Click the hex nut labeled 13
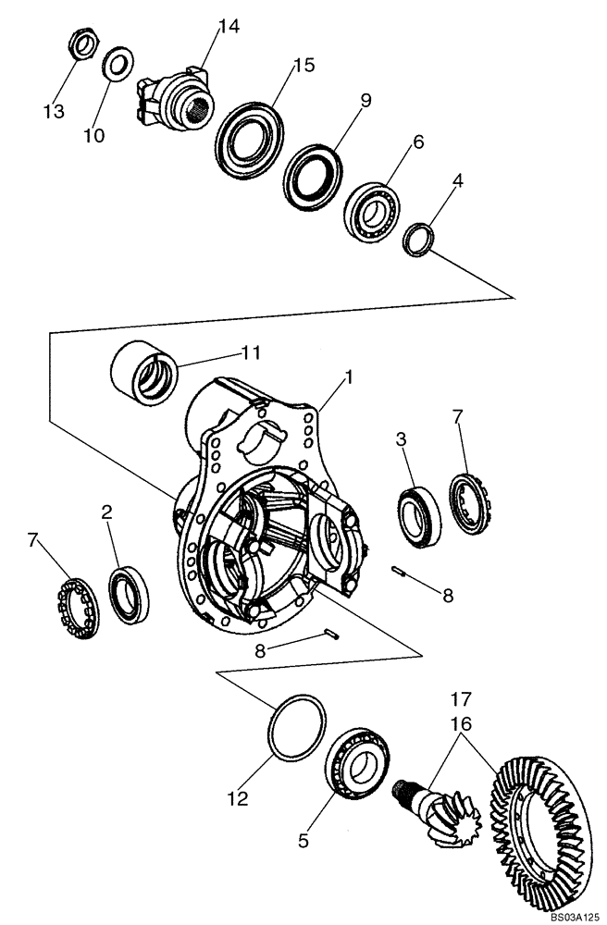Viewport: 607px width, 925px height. click(x=84, y=43)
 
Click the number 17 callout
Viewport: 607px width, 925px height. click(x=462, y=698)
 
